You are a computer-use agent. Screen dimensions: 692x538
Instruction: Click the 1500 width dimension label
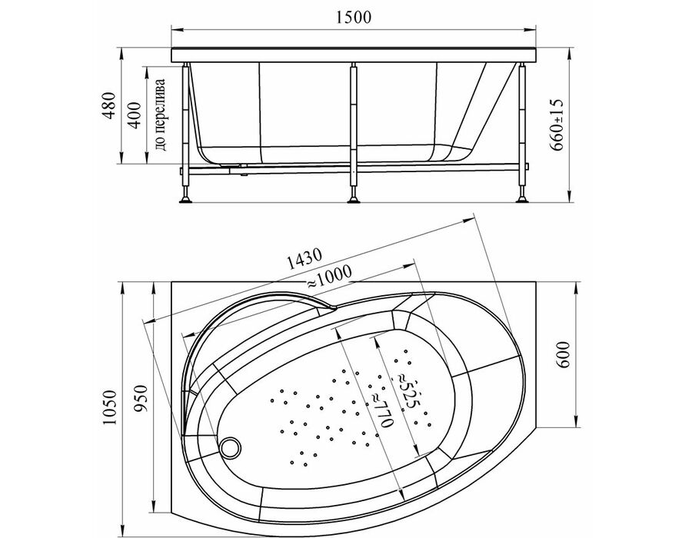[354, 17]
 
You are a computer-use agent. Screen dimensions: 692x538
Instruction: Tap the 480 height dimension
[109, 105]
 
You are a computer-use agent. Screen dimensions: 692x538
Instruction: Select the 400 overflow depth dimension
[134, 115]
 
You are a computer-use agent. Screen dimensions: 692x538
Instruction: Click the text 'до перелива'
[161, 115]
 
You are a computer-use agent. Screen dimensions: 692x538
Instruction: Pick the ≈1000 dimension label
[329, 277]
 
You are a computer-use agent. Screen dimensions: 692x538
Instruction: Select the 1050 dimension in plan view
[109, 407]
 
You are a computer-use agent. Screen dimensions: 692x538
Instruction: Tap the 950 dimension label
[141, 399]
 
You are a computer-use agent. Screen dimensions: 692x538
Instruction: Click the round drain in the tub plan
[231, 447]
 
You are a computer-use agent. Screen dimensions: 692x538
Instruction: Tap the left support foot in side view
[186, 199]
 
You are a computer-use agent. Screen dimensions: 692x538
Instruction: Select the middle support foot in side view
[354, 199]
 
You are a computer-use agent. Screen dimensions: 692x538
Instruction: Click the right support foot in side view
[523, 199]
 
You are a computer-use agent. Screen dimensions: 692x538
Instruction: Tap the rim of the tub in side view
[354, 55]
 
